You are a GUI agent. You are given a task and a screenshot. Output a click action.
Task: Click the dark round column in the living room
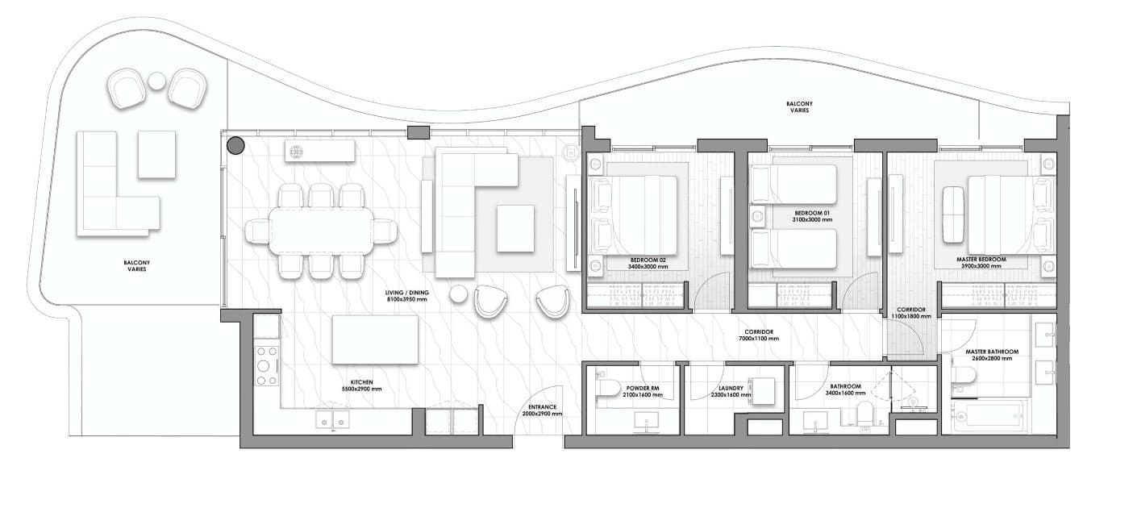(235, 146)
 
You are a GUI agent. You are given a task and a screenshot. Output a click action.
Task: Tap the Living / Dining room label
(406, 296)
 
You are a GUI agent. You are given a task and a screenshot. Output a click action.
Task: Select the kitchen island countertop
(375, 339)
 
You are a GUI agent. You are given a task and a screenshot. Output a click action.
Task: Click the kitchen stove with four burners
(267, 365)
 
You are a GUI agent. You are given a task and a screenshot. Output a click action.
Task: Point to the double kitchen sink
(332, 419)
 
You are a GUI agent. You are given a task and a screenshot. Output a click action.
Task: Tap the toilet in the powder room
(608, 389)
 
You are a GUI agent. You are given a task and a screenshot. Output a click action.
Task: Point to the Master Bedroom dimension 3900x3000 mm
(981, 266)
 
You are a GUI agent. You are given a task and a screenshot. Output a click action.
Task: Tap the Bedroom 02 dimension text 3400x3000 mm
(648, 267)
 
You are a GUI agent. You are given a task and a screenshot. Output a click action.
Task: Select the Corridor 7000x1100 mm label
(759, 335)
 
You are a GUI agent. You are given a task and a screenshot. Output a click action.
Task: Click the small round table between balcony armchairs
(156, 81)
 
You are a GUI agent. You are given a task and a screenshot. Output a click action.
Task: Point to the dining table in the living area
(321, 231)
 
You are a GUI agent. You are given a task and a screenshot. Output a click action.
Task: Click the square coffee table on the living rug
(515, 228)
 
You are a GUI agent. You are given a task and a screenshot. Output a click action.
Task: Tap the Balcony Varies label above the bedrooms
(799, 106)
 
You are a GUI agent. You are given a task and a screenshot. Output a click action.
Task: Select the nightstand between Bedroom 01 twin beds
(757, 217)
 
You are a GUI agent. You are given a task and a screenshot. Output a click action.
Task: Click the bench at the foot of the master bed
(953, 214)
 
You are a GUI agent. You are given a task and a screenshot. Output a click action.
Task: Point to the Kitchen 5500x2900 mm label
(361, 385)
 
